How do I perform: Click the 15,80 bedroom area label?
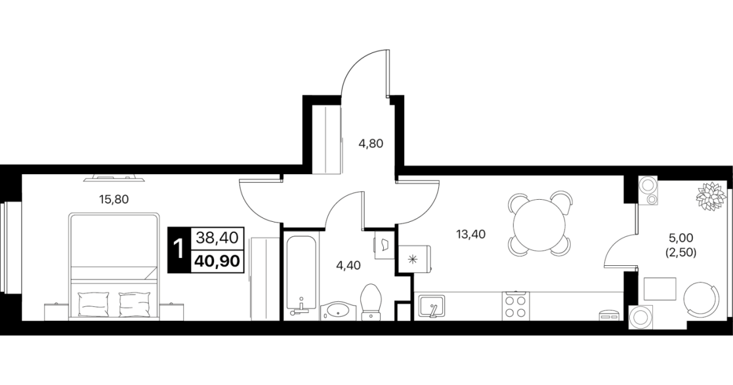(114, 199)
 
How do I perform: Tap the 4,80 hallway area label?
(370, 144)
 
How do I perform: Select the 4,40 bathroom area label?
(348, 265)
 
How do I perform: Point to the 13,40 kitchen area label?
(471, 234)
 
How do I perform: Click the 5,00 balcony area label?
(681, 238)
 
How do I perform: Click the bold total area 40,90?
(217, 262)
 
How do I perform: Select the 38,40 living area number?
(217, 238)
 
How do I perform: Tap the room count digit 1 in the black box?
(179, 249)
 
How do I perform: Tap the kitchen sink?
(431, 306)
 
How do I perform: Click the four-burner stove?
(515, 306)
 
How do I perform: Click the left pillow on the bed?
(93, 304)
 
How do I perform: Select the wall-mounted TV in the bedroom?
(114, 178)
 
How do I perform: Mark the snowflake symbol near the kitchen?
(413, 260)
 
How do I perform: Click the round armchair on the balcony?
(702, 299)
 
